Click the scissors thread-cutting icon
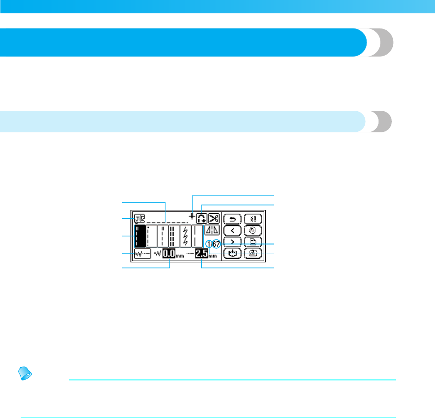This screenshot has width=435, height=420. click(214, 218)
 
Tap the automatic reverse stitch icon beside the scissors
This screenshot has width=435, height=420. click(201, 218)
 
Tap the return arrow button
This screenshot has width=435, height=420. click(232, 219)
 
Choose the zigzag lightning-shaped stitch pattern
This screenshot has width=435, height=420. click(185, 236)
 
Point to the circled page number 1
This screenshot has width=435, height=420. click(209, 244)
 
